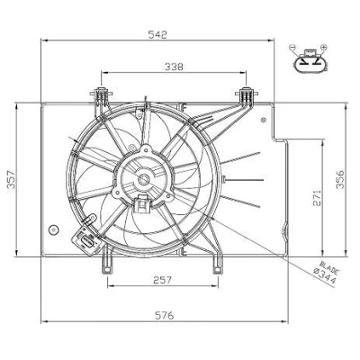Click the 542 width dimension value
click(157, 34)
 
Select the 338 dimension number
click(174, 67)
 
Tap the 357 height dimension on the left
click(11, 179)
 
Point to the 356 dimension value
click(340, 179)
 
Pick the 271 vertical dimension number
click(317, 198)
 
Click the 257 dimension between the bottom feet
click(163, 280)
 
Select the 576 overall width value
click(165, 315)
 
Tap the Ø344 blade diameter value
click(324, 276)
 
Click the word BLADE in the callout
click(330, 267)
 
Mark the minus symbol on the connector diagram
click(292, 47)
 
